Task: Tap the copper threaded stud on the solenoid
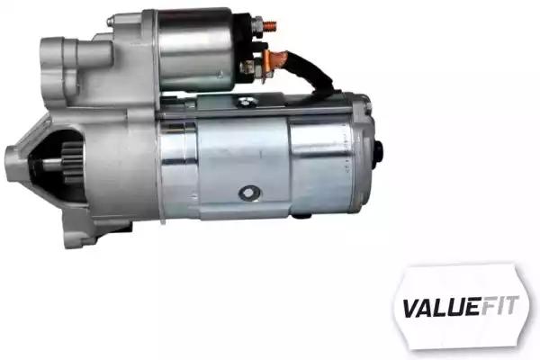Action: pos(270,25)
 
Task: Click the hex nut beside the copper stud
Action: pos(256,25)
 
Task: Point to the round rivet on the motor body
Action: pos(249,193)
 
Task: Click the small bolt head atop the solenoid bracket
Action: pos(110,22)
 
